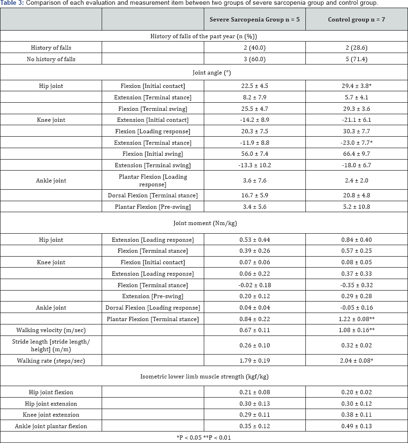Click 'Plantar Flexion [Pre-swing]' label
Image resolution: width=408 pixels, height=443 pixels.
pos(153,206)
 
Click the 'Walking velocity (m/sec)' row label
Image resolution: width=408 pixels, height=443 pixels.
pos(52,330)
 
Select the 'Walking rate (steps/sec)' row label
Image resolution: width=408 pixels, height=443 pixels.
pos(52,360)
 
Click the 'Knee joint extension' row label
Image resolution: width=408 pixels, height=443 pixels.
pos(52,414)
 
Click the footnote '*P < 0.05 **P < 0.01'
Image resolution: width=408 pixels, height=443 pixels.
pos(204,437)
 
